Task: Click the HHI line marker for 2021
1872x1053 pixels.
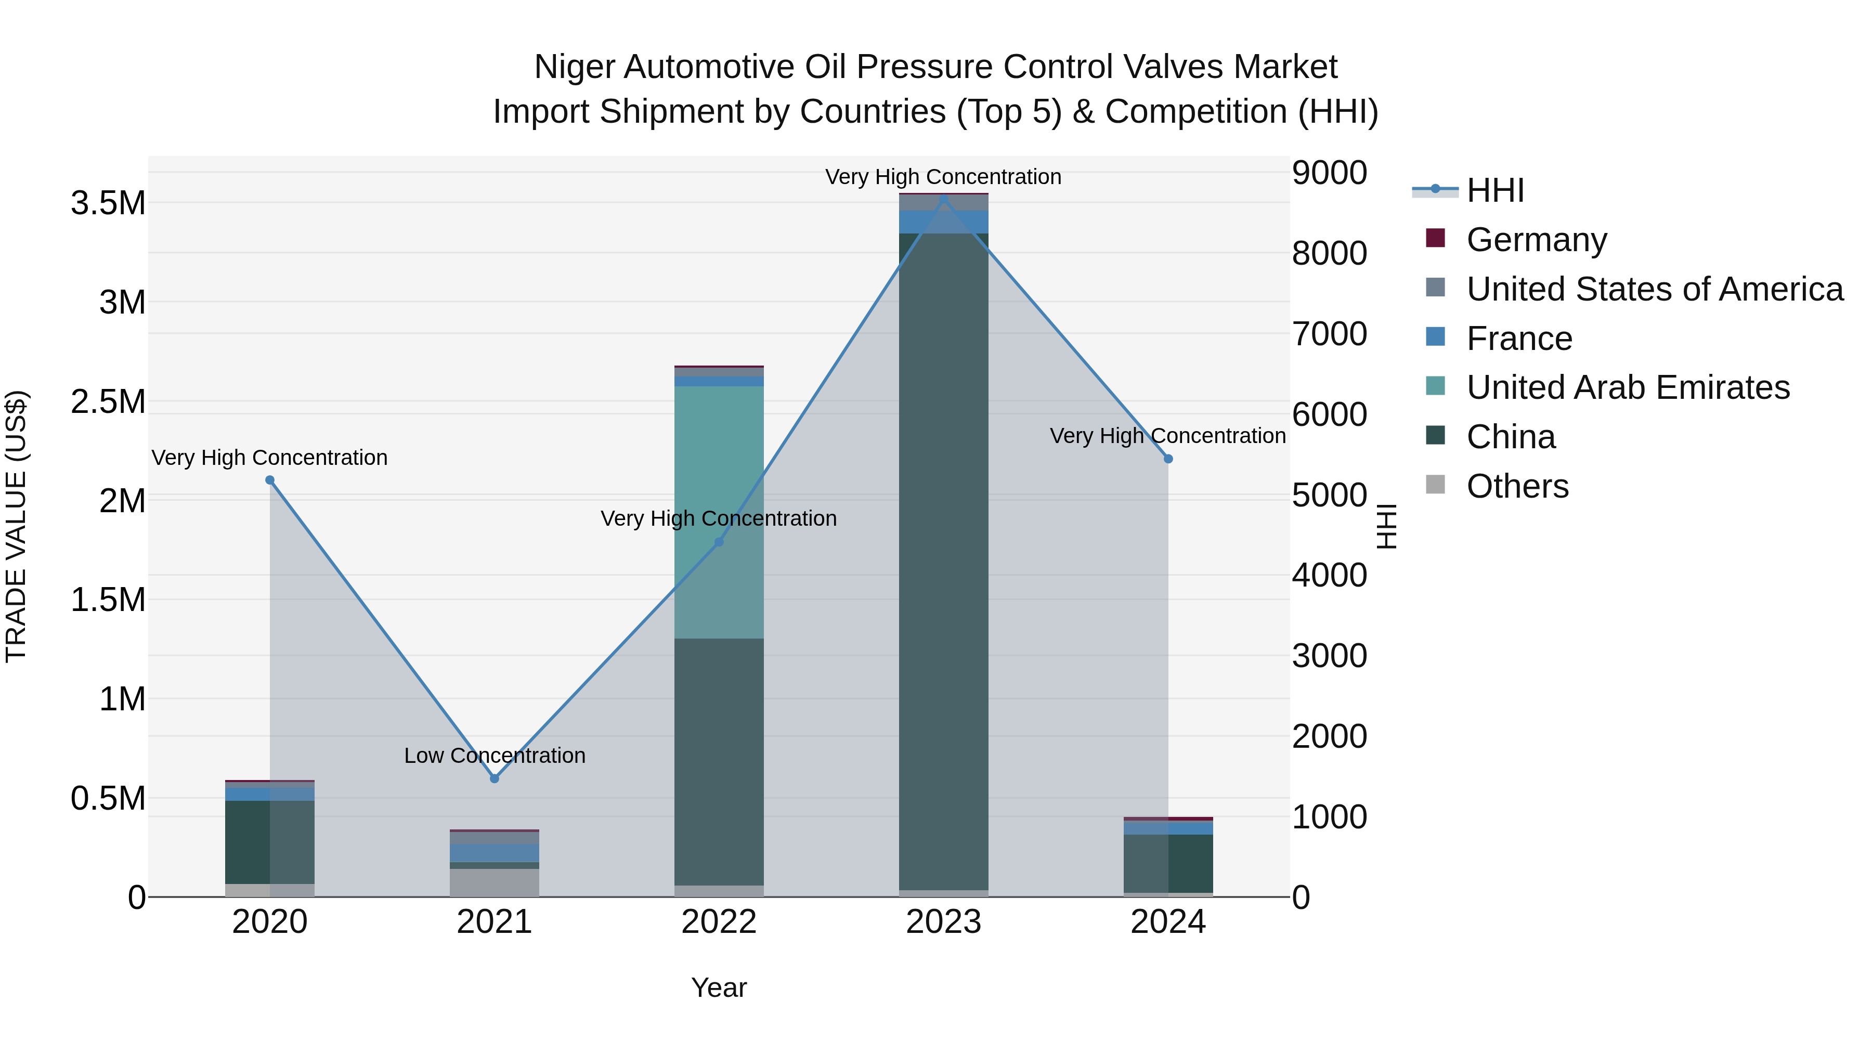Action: (494, 778)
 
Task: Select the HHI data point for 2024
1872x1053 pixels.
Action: (1168, 459)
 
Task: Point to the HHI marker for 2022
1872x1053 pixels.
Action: (719, 542)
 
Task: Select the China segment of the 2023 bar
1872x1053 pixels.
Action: (943, 560)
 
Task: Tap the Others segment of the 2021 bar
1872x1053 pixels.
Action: (494, 882)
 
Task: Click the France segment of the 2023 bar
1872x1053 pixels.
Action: (943, 222)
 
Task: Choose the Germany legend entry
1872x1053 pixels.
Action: (1536, 240)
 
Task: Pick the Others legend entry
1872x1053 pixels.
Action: (1517, 486)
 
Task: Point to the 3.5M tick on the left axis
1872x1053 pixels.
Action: (108, 203)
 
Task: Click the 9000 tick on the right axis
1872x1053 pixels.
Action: (1329, 173)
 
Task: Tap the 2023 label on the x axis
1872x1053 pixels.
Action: (943, 922)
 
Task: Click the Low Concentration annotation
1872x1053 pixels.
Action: (494, 756)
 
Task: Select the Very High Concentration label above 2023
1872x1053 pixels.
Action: (943, 177)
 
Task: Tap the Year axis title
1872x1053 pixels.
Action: (719, 987)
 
